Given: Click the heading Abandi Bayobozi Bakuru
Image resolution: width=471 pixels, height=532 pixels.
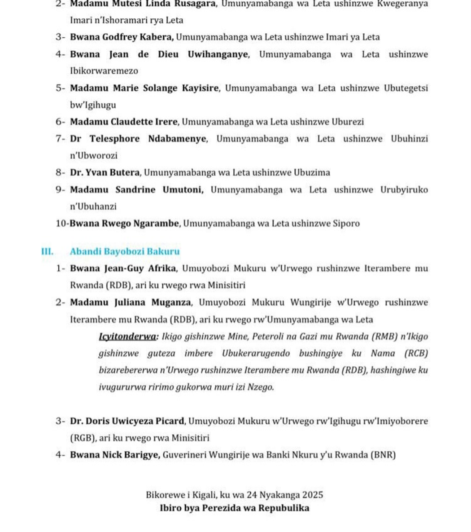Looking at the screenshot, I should click(125, 251).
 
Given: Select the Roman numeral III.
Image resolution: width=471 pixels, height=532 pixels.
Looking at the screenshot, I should click(47, 251).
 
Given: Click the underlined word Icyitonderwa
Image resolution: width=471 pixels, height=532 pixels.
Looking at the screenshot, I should click(127, 336).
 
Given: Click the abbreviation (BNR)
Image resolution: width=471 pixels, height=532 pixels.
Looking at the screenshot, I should click(383, 455).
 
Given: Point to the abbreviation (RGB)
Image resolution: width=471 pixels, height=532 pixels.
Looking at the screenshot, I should click(81, 438).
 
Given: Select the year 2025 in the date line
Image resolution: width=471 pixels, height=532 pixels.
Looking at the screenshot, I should click(312, 495).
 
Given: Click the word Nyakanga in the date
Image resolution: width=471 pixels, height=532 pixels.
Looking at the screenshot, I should click(281, 495).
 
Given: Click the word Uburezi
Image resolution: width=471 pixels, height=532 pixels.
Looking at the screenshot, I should click(348, 122).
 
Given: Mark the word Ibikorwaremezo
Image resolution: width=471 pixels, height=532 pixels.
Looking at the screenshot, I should click(104, 71).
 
